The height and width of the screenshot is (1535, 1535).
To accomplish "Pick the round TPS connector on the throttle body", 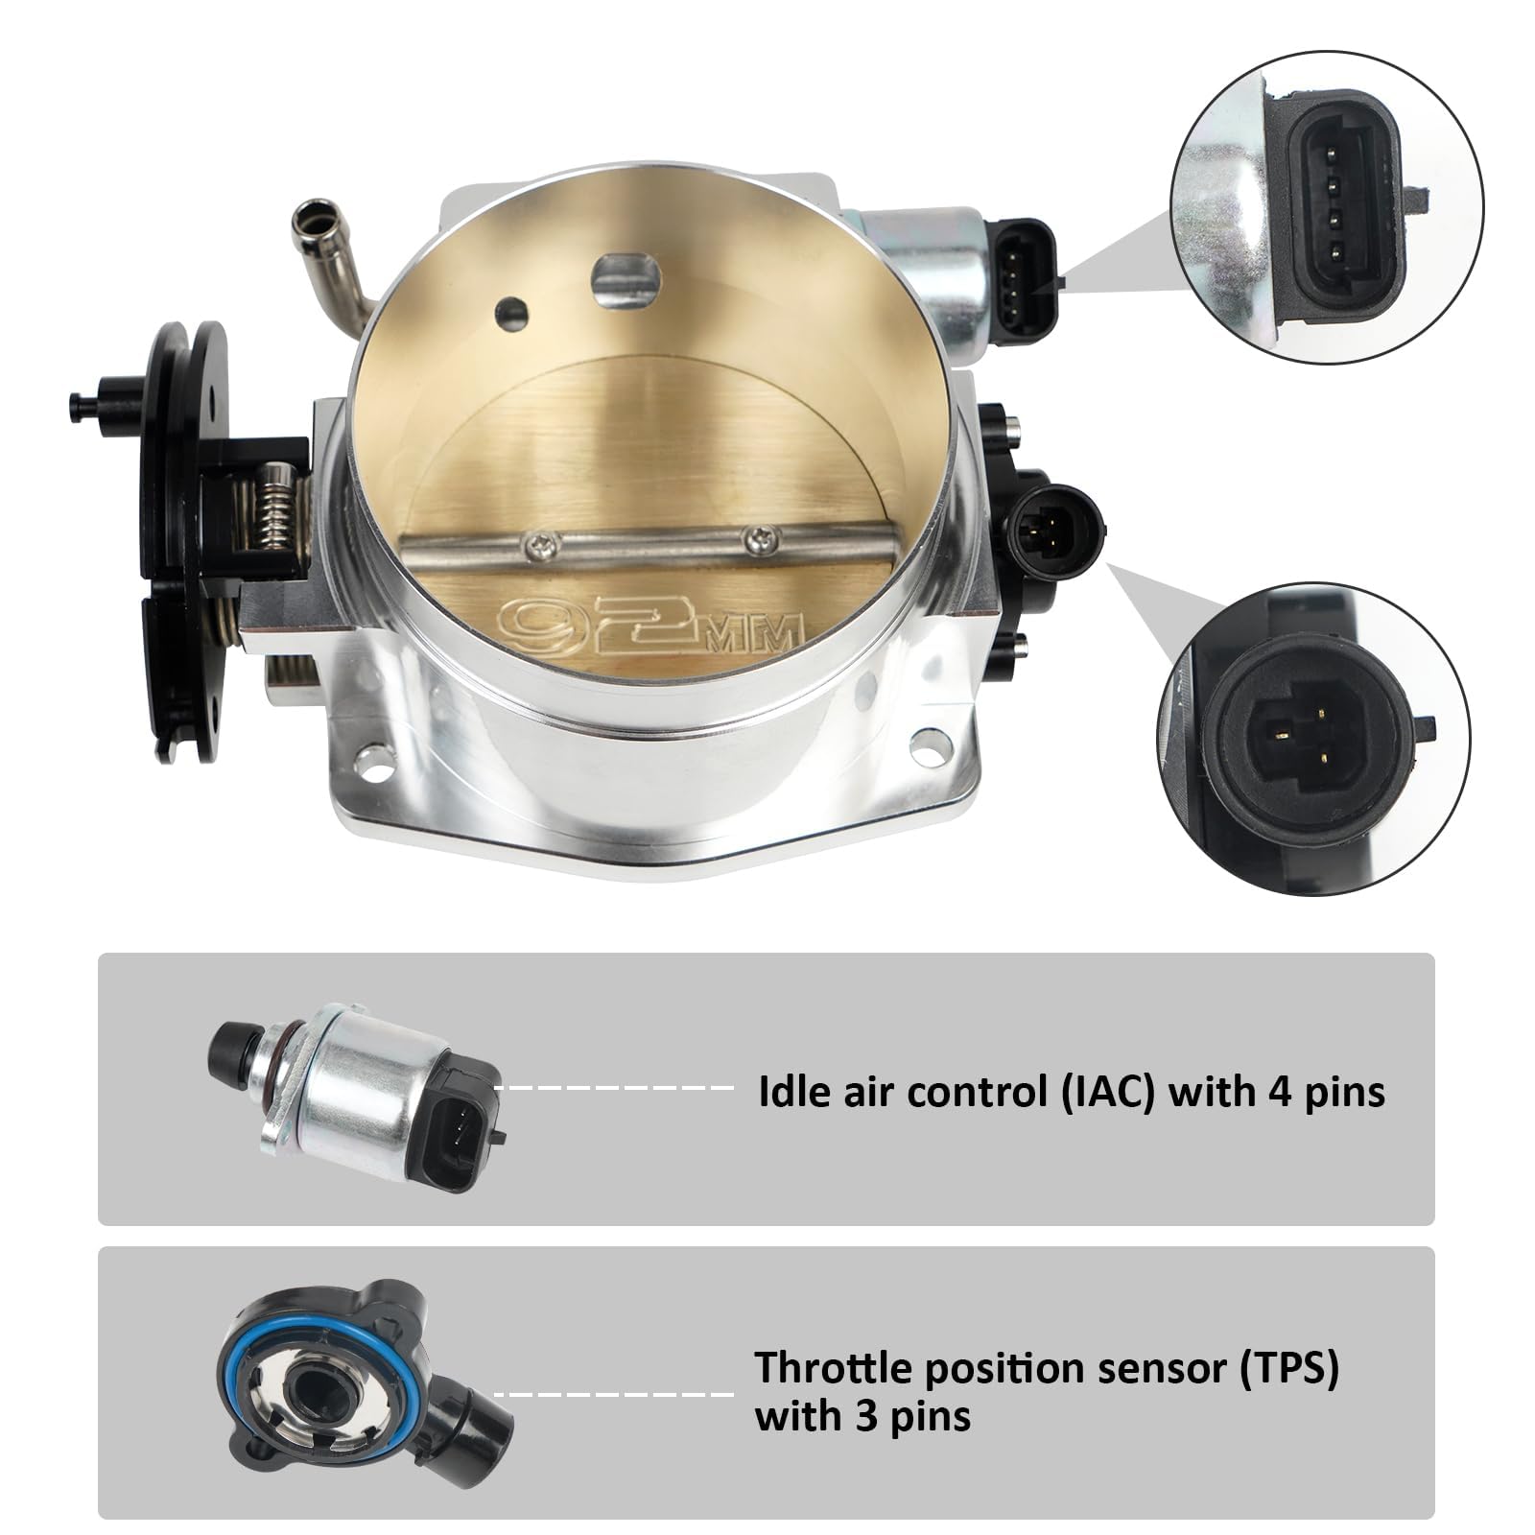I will (x=1050, y=530).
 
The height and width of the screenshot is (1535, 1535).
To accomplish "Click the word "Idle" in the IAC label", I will (x=791, y=1092).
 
